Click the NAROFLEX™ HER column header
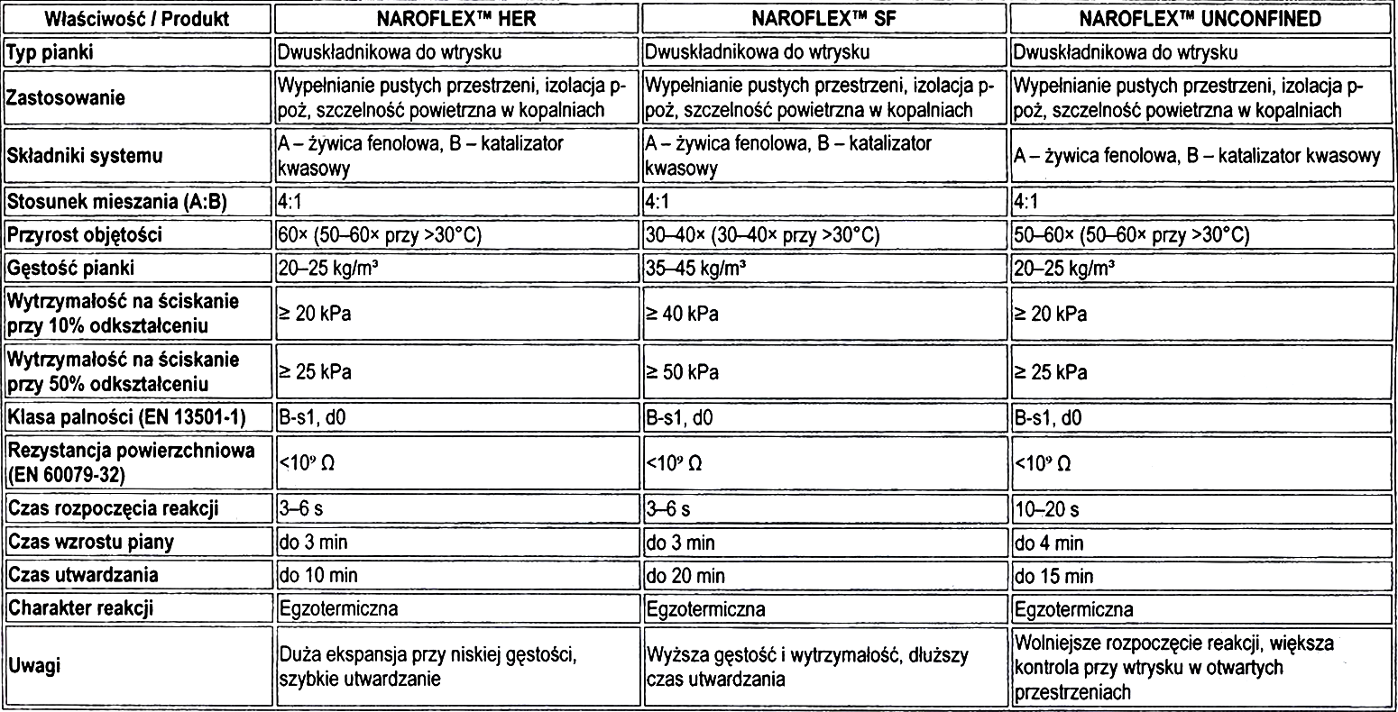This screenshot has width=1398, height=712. (455, 19)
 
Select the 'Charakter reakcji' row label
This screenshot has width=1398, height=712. (80, 608)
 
